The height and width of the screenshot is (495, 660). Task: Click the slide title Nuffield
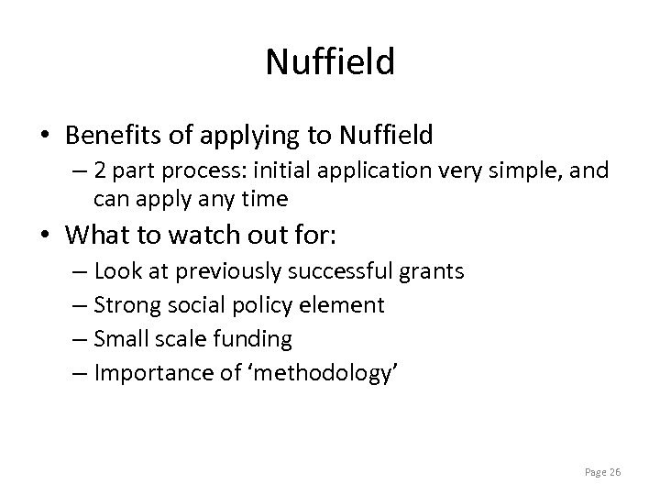tap(330, 62)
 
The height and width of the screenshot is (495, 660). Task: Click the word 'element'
tap(349, 304)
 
